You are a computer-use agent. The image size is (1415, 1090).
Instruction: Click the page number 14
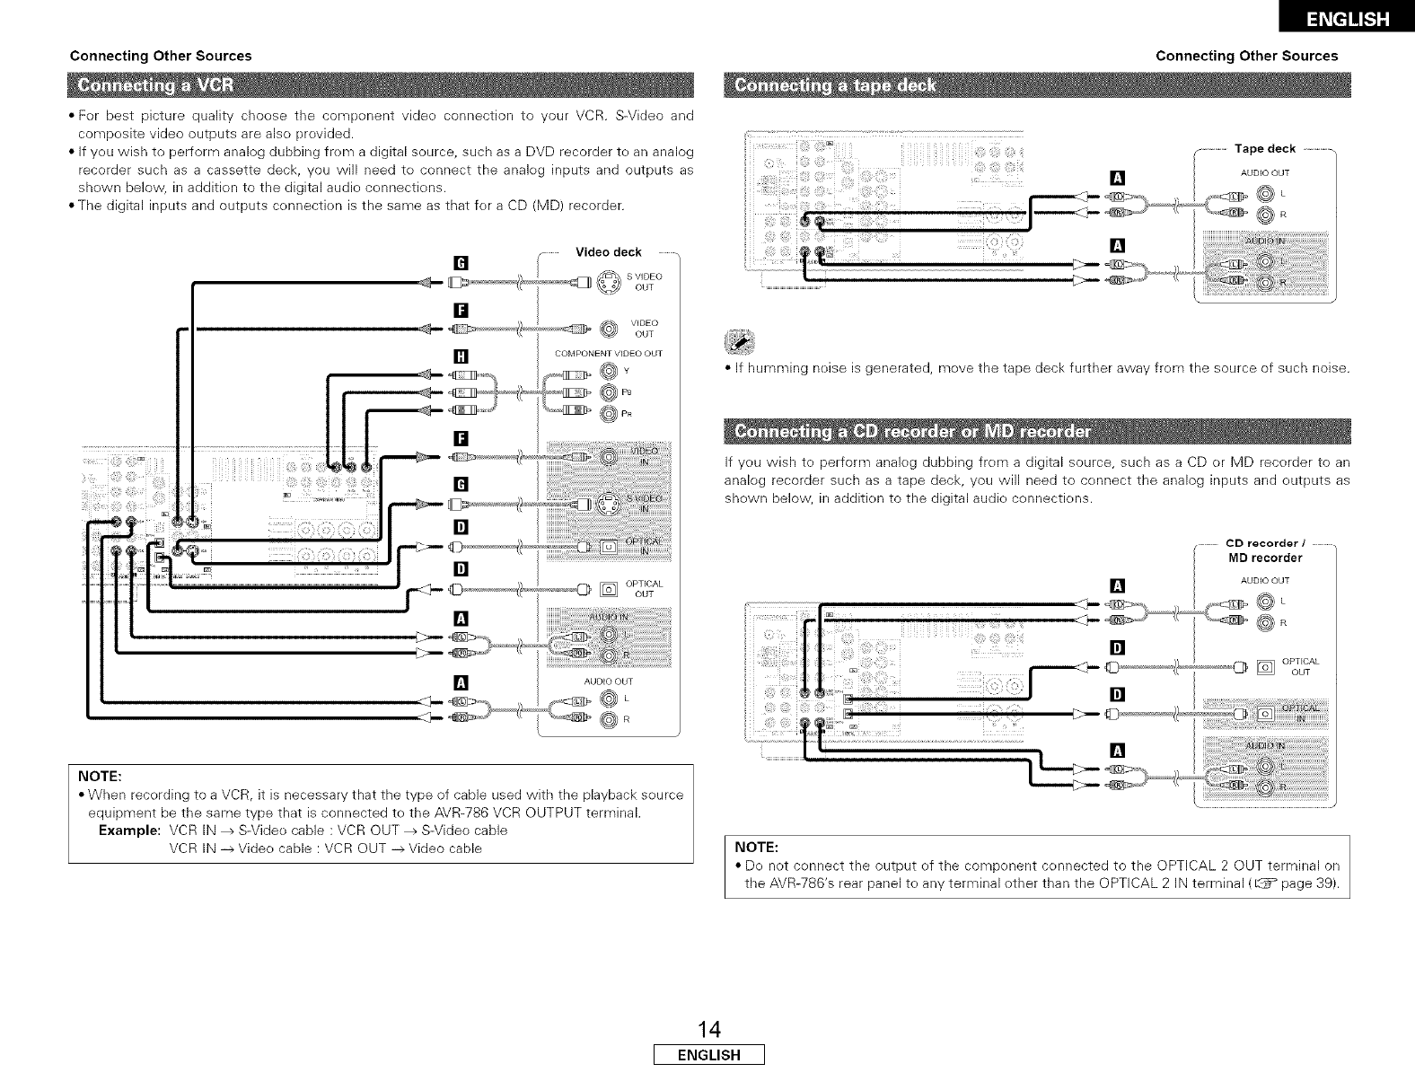click(x=708, y=1029)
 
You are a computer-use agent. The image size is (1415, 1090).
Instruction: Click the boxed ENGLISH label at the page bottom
click(x=708, y=1055)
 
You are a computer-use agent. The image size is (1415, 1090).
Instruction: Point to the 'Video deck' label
click(x=608, y=251)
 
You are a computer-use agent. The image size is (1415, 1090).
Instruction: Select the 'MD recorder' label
click(x=1265, y=558)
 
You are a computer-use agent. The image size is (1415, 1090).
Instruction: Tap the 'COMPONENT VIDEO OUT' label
click(x=608, y=353)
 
